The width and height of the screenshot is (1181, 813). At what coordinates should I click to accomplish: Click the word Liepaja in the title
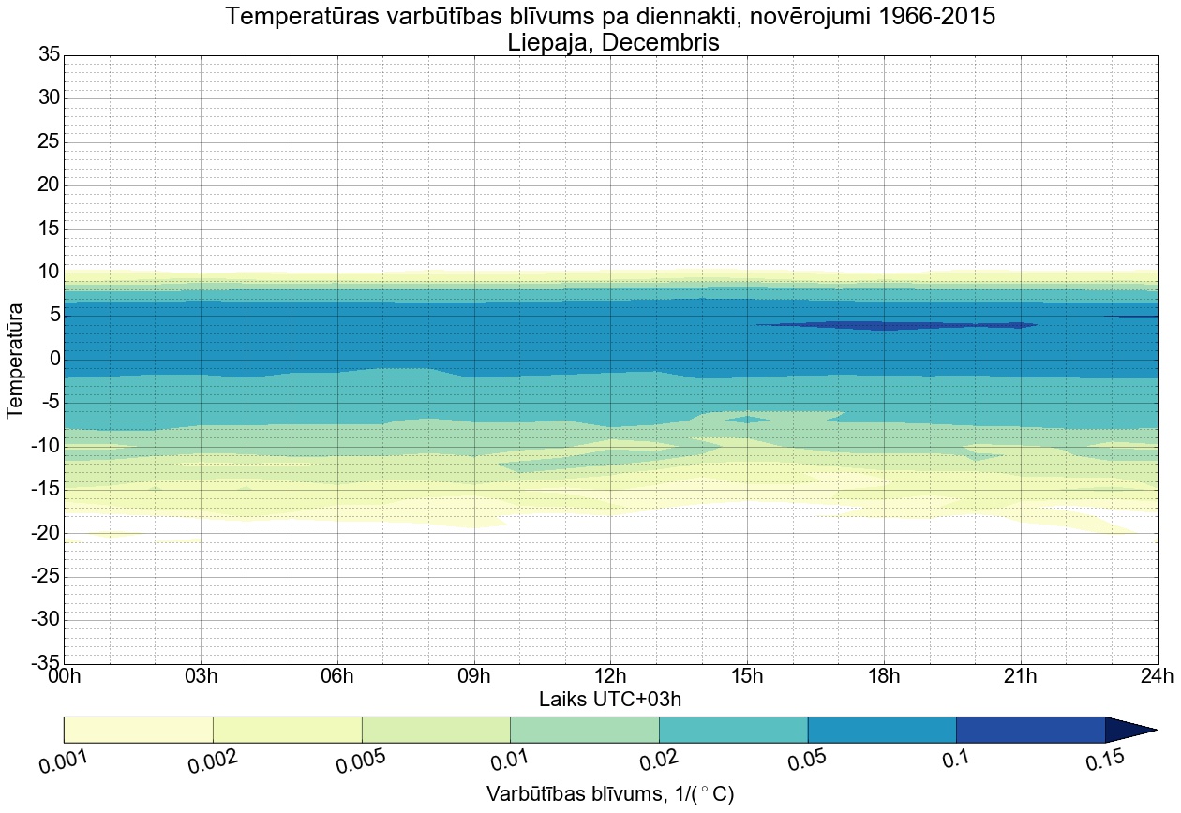pyautogui.click(x=548, y=42)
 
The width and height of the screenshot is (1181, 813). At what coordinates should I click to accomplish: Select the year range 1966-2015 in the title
pyautogui.click(x=928, y=16)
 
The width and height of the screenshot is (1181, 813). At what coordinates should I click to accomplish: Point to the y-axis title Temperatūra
pyautogui.click(x=16, y=360)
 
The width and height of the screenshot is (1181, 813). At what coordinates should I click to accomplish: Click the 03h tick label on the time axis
pyautogui.click(x=201, y=675)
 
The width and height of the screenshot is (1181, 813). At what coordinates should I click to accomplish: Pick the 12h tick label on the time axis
pyautogui.click(x=610, y=675)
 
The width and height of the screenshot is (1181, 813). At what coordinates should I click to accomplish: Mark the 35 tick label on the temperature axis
pyautogui.click(x=49, y=55)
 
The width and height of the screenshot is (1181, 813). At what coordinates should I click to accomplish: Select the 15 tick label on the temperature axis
pyautogui.click(x=49, y=229)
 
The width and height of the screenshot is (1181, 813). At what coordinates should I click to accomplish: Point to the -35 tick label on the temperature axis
pyautogui.click(x=44, y=663)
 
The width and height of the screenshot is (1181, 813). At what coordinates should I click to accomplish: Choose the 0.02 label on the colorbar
pyautogui.click(x=663, y=761)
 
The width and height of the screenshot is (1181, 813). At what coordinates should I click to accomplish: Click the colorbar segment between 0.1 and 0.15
pyautogui.click(x=1030, y=730)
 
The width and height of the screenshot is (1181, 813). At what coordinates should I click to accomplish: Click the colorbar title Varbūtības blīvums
pyautogui.click(x=572, y=794)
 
